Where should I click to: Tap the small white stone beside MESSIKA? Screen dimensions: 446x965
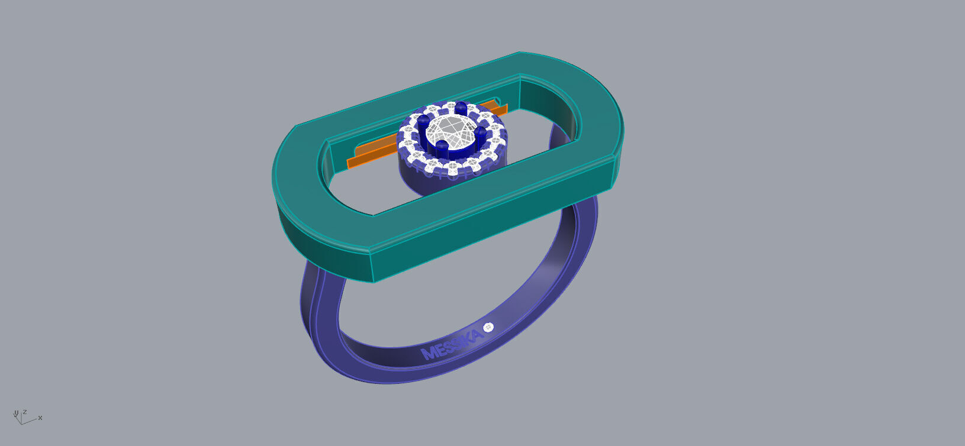click(488, 327)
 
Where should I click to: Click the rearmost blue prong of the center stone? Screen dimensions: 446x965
click(461, 108)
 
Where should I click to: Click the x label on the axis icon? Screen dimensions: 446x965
click(40, 418)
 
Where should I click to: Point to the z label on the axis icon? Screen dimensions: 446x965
click(24, 412)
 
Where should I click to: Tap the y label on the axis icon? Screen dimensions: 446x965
click(16, 413)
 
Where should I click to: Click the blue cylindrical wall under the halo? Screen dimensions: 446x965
click(414, 180)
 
